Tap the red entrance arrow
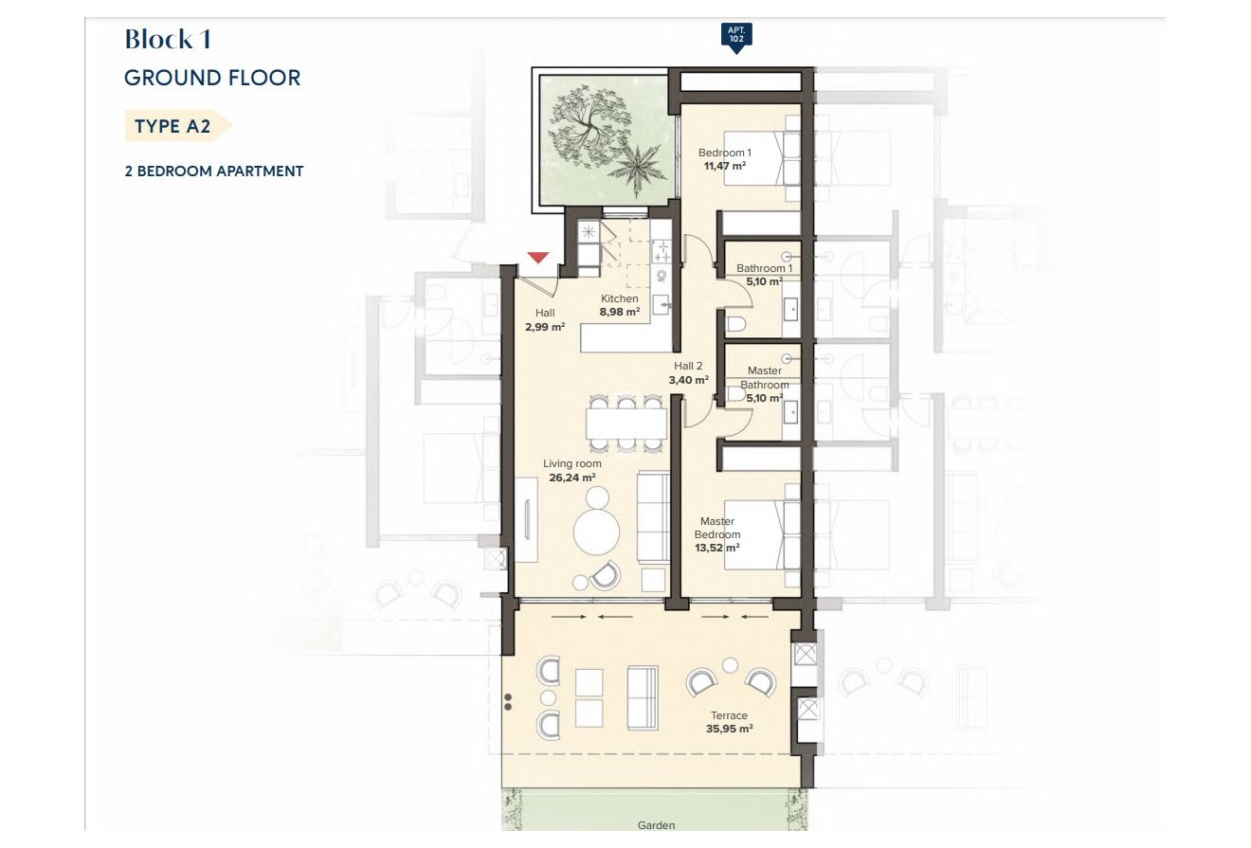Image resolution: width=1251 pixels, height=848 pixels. [x=537, y=258]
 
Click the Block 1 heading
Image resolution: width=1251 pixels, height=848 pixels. [x=168, y=39]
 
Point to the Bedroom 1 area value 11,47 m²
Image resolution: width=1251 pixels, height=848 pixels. [x=725, y=166]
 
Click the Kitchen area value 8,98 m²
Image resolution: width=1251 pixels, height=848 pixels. [x=620, y=312]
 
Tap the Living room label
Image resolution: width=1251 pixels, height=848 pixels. [x=571, y=463]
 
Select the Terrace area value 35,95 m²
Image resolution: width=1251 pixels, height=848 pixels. [x=729, y=729]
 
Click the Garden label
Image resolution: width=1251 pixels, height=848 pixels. [x=656, y=825]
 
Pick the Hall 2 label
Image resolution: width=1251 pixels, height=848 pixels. [x=688, y=367]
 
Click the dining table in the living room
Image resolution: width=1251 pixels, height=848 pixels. [x=626, y=424]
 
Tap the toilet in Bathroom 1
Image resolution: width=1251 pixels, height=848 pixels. [x=736, y=324]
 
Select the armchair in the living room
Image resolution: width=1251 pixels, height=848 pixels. [x=605, y=575]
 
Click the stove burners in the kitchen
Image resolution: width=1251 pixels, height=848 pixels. [x=662, y=251]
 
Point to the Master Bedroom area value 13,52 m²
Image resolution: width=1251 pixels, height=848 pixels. [x=717, y=548]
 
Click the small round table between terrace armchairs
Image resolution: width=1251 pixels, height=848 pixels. [x=730, y=665]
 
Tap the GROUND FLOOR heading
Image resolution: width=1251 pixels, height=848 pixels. [x=212, y=78]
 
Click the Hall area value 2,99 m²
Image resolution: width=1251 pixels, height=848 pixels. [x=545, y=327]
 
